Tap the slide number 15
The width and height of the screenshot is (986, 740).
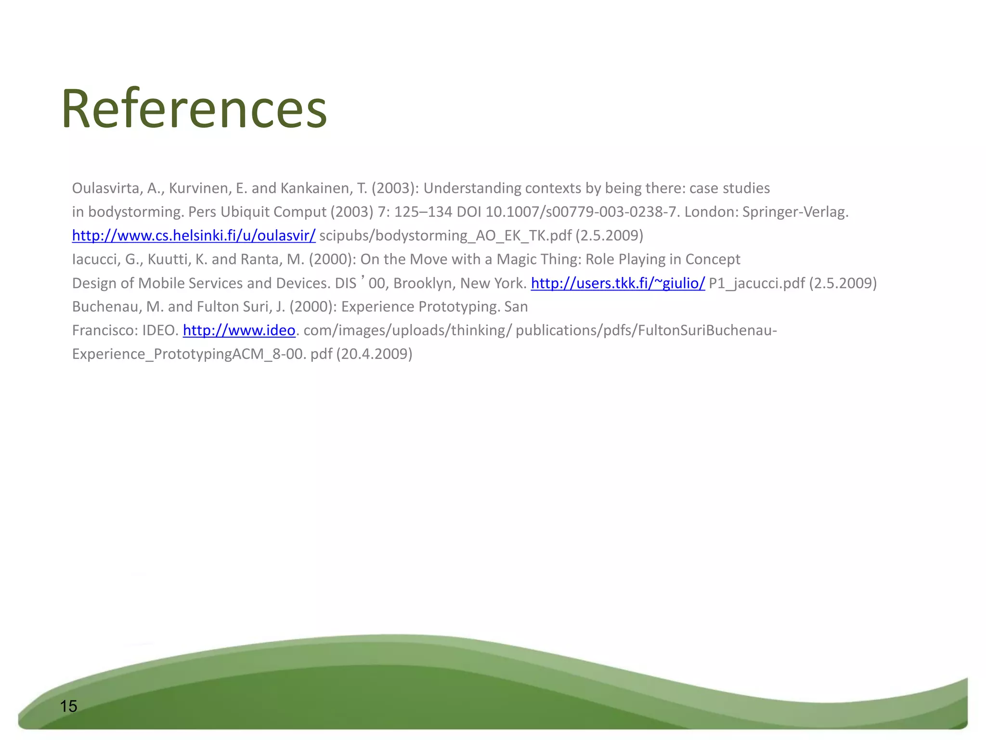point(68,706)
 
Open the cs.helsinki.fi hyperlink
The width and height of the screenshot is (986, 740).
point(194,236)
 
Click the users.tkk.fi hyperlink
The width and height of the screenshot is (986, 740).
point(618,283)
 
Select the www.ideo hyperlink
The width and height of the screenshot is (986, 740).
point(239,330)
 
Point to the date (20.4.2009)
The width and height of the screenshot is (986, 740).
point(374,354)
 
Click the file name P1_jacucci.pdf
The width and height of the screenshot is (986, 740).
point(756,283)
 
